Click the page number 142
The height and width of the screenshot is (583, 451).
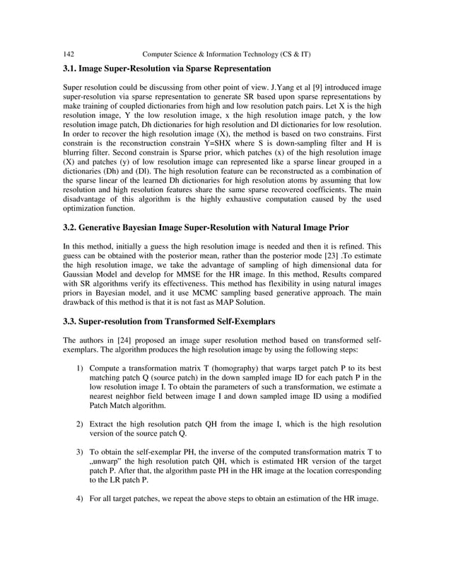point(69,54)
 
